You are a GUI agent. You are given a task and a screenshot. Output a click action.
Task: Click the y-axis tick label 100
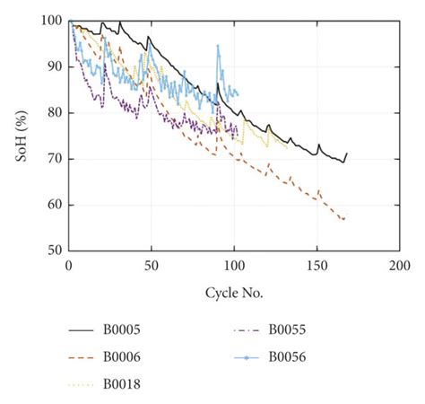pyautogui.click(x=51, y=21)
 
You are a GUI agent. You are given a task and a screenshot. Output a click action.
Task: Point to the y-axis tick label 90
pyautogui.click(x=54, y=66)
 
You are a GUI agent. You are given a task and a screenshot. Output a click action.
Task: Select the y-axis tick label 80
pyautogui.click(x=54, y=113)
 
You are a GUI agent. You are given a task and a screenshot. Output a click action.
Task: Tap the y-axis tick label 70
pyautogui.click(x=54, y=159)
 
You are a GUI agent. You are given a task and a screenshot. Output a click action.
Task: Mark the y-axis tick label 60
pyautogui.click(x=54, y=205)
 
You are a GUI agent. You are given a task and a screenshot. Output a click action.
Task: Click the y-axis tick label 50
pyautogui.click(x=54, y=250)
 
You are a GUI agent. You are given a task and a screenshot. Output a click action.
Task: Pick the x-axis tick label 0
pyautogui.click(x=69, y=266)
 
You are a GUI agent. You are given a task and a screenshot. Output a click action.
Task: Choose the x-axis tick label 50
pyautogui.click(x=152, y=266)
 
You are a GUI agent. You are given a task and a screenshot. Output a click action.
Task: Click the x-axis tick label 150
pyautogui.click(x=317, y=266)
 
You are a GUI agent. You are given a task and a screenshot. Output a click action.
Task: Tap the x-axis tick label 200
pyautogui.click(x=400, y=266)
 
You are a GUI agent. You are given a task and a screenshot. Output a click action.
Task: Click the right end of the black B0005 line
pyautogui.click(x=346, y=154)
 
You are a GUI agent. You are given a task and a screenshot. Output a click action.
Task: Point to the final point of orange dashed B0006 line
pyautogui.click(x=345, y=218)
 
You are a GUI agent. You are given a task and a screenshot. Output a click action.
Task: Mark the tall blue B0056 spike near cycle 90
pyautogui.click(x=218, y=45)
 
